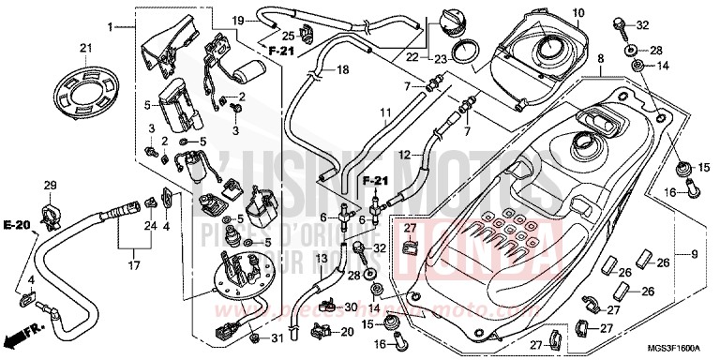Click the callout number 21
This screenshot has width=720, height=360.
tap(84, 49)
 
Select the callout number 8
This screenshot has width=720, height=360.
tap(601, 58)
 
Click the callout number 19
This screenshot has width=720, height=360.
tap(238, 20)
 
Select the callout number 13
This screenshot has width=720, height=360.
tap(320, 258)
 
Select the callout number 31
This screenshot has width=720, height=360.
tap(277, 337)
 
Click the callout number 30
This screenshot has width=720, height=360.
tap(350, 307)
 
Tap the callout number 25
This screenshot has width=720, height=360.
tap(288, 37)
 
